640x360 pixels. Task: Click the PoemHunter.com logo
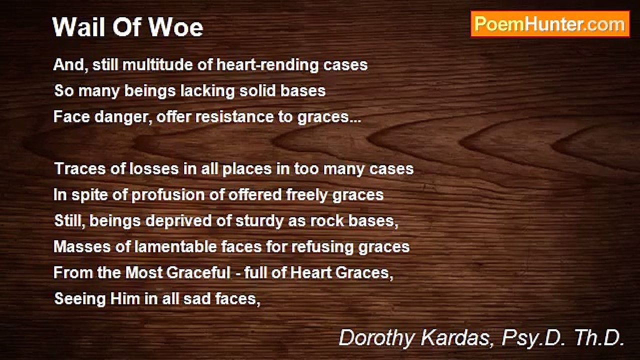(550, 24)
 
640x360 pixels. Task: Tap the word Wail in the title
(75, 27)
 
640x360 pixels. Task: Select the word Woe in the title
(182, 27)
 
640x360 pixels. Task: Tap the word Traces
(80, 169)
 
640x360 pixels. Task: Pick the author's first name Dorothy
(375, 338)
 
